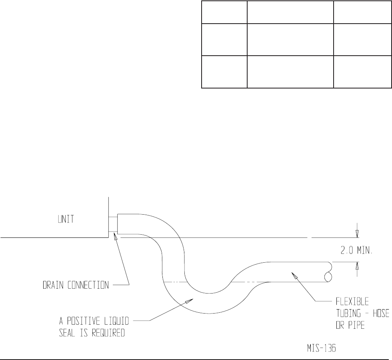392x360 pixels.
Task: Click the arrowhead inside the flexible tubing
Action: click(x=294, y=274)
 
